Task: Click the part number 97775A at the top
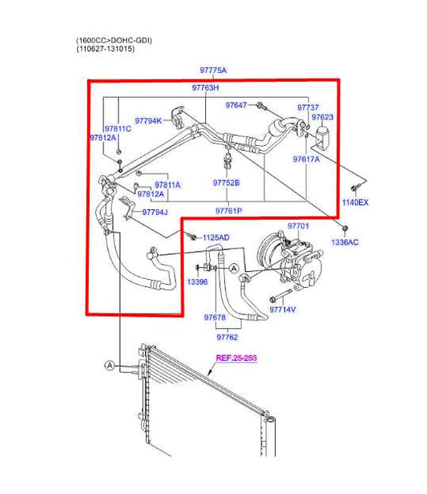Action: (x=212, y=71)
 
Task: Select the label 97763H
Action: (x=205, y=87)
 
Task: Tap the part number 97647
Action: (x=236, y=105)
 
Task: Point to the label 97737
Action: (x=308, y=107)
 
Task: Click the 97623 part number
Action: (x=322, y=117)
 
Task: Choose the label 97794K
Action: (x=148, y=120)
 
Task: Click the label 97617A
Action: (x=306, y=159)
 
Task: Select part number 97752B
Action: (x=226, y=183)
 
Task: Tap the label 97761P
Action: (x=228, y=210)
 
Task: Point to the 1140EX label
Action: (x=356, y=202)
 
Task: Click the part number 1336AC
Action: (x=345, y=241)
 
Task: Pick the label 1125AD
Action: (x=216, y=237)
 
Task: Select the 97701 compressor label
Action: (x=298, y=227)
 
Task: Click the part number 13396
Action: (x=198, y=282)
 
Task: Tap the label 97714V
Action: (x=283, y=309)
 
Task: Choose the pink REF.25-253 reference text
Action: (x=236, y=358)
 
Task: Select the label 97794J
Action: (x=155, y=213)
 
